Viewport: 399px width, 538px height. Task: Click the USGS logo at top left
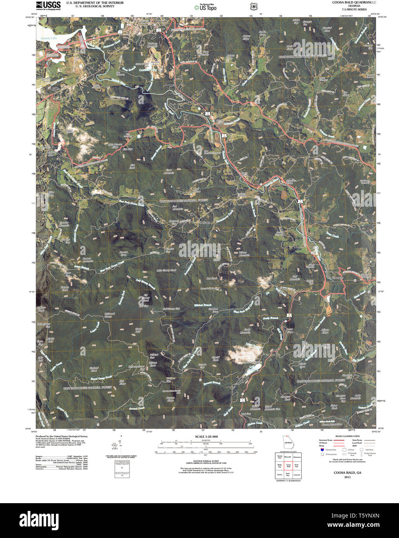click(x=48, y=5)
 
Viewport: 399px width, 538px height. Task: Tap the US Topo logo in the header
click(x=205, y=7)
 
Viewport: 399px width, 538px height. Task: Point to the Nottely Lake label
click(x=48, y=38)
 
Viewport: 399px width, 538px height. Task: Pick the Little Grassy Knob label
click(x=166, y=270)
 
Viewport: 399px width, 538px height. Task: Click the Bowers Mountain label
click(x=88, y=260)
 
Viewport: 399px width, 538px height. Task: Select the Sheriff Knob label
click(x=216, y=358)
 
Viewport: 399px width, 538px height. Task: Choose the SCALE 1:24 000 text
click(x=206, y=437)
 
